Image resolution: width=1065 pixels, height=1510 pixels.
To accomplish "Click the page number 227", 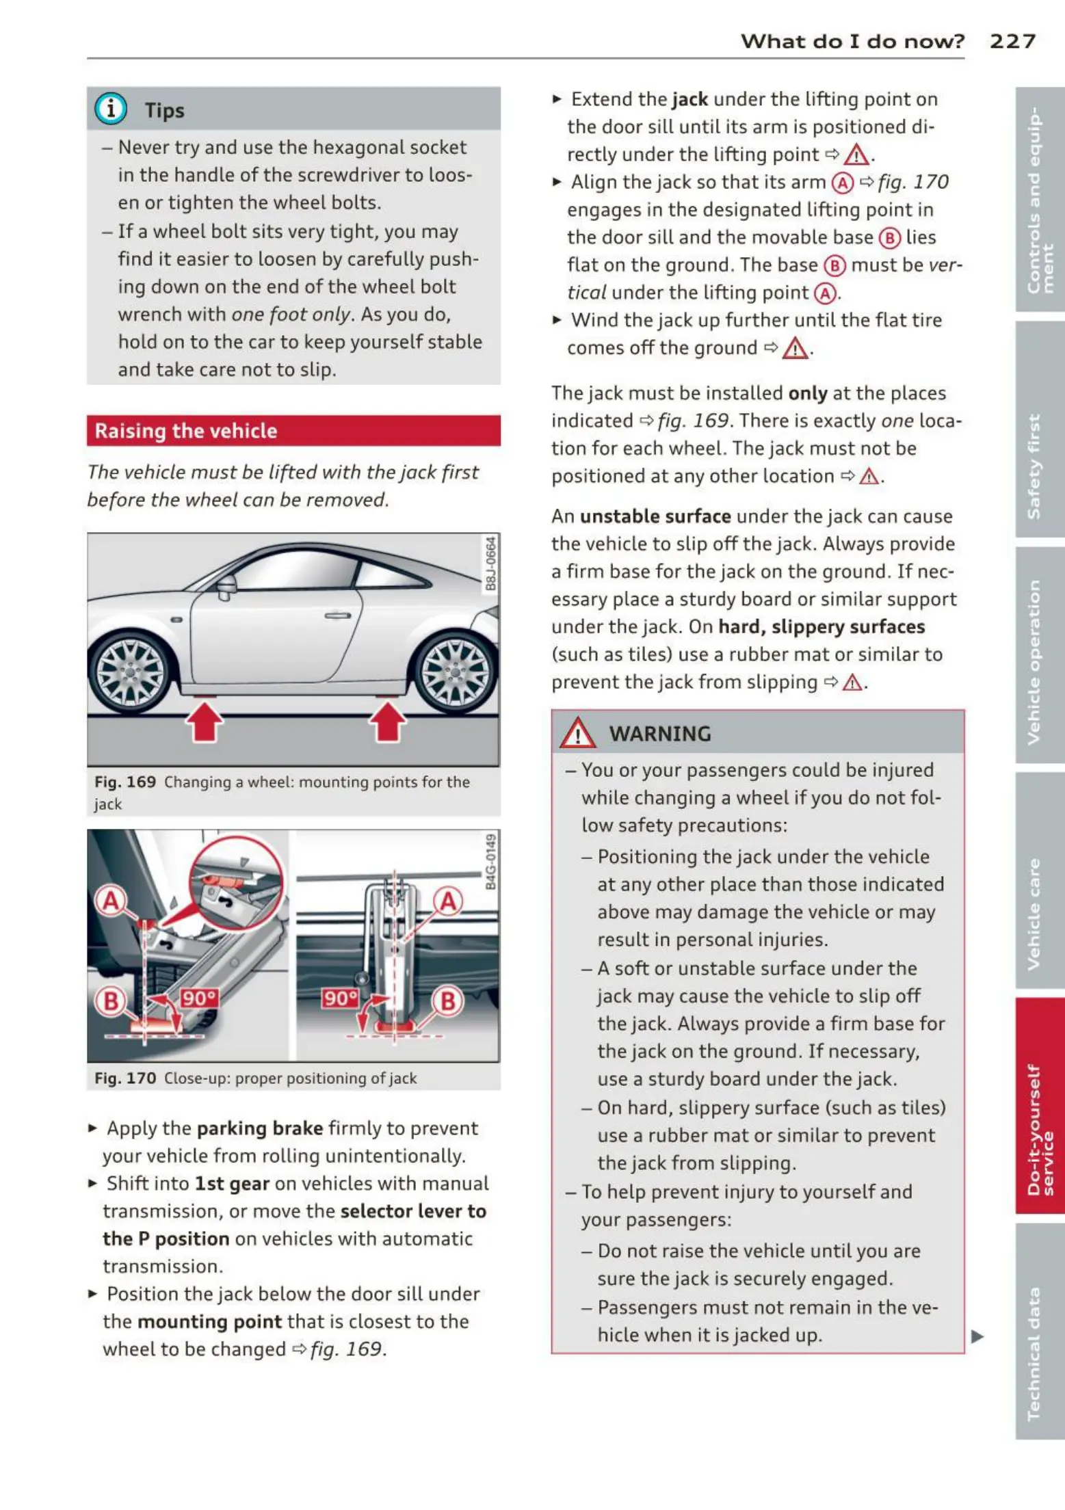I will pyautogui.click(x=1012, y=41).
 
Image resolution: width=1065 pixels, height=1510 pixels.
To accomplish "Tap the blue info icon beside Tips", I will pyautogui.click(x=111, y=109).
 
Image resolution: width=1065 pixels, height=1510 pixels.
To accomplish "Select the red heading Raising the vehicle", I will pyautogui.click(x=186, y=431).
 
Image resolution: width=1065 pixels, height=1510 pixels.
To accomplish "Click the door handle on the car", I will pyautogui.click(x=337, y=615).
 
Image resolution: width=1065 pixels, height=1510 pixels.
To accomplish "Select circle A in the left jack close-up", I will pyautogui.click(x=111, y=901).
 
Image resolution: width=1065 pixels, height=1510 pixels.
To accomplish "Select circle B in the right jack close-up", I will pyautogui.click(x=448, y=1001).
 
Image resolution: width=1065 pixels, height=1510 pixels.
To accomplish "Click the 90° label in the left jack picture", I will pyautogui.click(x=198, y=998).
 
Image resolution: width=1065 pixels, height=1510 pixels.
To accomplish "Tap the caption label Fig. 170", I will pyautogui.click(x=125, y=1078).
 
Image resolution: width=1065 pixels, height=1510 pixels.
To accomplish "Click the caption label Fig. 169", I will pyautogui.click(x=125, y=782).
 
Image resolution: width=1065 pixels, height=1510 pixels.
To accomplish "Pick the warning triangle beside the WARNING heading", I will pyautogui.click(x=577, y=733).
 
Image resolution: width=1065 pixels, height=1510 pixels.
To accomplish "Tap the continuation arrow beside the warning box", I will pyautogui.click(x=977, y=1336).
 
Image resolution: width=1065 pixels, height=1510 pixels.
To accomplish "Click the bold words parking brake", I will pyautogui.click(x=260, y=1128).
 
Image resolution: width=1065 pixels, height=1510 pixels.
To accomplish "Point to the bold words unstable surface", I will pyautogui.click(x=655, y=516).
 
